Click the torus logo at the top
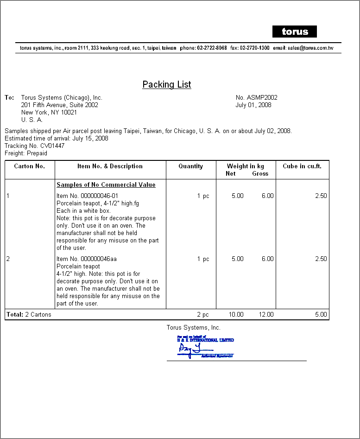pos(295,32)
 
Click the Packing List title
pos(167,84)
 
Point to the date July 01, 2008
pos(253,105)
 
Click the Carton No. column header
pos(30,166)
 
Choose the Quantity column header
pos(191,166)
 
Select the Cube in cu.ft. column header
pos(302,166)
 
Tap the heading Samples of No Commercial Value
pos(106,185)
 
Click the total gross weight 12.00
pos(266,314)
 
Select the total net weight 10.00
pos(236,314)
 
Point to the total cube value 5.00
pos(321,314)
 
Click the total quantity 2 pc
pos(203,314)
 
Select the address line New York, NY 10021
pos(49,112)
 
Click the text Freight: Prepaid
pos(26,153)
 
